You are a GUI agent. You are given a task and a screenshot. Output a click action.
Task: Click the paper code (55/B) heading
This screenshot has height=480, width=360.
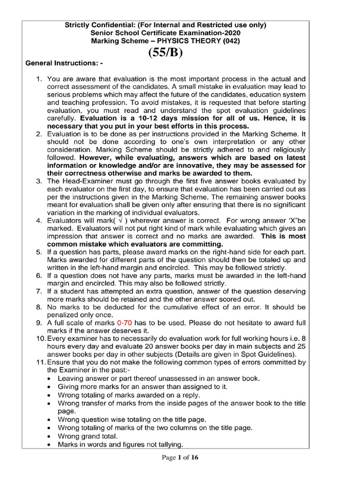(165, 52)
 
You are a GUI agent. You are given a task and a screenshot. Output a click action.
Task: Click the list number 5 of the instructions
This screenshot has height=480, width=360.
(39, 252)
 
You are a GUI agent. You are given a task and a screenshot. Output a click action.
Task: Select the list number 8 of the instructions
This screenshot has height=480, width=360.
(39, 307)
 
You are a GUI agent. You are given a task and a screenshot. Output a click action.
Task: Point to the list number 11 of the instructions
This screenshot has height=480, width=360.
(39, 362)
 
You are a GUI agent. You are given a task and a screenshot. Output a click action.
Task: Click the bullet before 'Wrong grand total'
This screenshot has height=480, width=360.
(51, 436)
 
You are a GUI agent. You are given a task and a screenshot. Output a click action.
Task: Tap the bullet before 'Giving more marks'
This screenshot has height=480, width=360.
(51, 387)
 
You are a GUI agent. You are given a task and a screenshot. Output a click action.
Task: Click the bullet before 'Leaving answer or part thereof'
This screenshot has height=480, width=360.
(51, 378)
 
